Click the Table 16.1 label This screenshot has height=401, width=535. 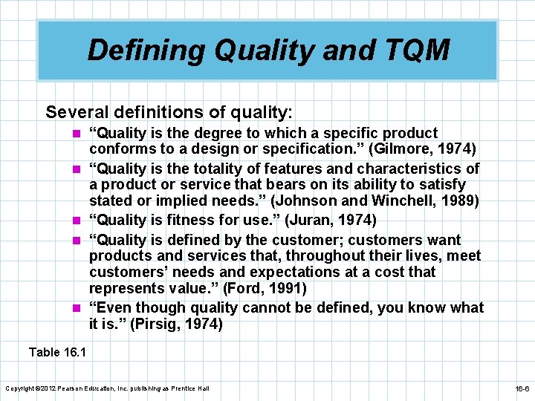tap(57, 352)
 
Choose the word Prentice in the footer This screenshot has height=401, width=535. tap(181, 388)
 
